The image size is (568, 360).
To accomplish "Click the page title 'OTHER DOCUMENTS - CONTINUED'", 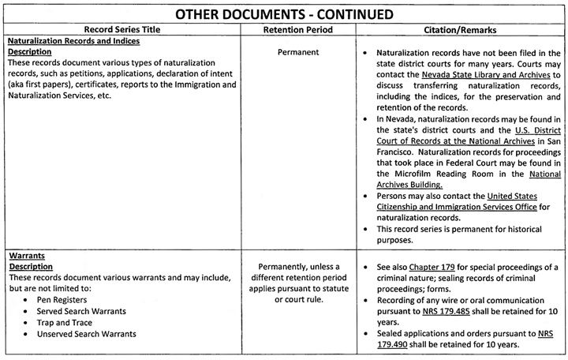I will (x=283, y=13).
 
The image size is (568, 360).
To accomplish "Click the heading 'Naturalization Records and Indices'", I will (x=73, y=41).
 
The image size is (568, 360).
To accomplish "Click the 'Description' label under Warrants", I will (x=29, y=267).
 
